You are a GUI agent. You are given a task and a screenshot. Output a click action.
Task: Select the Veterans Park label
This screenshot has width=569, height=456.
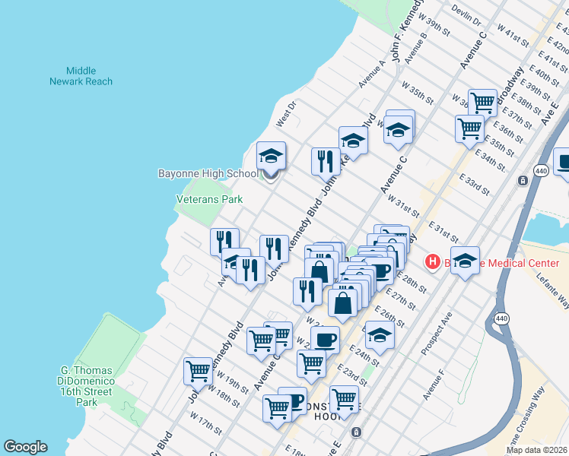click(x=209, y=199)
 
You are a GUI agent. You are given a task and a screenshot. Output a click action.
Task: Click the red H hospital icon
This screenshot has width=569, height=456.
click(x=433, y=263)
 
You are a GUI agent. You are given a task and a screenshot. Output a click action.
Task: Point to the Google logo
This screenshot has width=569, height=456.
click(x=25, y=447)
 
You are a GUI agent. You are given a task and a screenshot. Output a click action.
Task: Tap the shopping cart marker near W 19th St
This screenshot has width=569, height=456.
click(x=198, y=372)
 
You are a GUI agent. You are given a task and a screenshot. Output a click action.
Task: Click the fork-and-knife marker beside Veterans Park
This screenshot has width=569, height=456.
click(x=224, y=242)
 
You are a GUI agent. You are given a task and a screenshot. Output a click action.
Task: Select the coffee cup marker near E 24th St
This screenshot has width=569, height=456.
click(x=325, y=340)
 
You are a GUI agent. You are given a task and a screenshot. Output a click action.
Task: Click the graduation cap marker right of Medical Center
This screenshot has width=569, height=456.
click(x=466, y=260)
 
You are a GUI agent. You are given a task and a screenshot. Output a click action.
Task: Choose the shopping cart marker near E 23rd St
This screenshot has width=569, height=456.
click(x=344, y=399)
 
